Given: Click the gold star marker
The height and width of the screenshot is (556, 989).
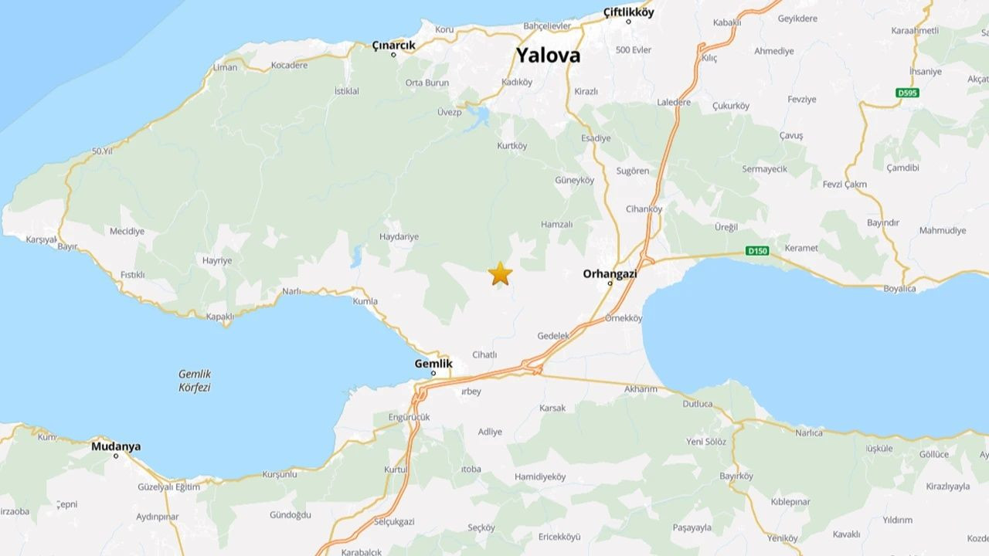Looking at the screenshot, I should click(501, 273).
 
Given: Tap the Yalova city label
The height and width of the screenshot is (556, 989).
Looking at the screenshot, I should click(548, 56).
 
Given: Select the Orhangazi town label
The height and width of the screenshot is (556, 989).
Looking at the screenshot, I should click(610, 273).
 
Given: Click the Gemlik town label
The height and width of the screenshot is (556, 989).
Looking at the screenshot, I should click(433, 363).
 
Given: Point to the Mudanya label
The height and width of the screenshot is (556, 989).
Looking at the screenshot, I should click(116, 446).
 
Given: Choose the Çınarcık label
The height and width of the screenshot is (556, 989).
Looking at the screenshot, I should click(393, 46).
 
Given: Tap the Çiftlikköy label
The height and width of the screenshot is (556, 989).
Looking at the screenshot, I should click(628, 12).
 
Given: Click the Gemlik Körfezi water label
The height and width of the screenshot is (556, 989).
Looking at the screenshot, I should click(195, 381).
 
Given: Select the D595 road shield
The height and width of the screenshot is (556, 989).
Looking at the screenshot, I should click(907, 93).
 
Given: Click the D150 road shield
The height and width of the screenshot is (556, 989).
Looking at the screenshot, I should click(758, 250).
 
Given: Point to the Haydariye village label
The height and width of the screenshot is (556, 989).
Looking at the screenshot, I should click(399, 236).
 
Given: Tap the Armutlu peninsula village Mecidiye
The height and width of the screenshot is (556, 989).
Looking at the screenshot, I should click(127, 231).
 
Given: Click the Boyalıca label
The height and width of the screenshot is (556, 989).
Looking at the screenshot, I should click(899, 289).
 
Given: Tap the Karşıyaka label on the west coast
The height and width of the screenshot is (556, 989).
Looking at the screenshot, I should click(42, 239).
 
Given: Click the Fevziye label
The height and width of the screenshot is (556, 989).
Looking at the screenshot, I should click(801, 100).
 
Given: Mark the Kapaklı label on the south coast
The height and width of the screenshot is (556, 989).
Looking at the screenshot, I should click(219, 317).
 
